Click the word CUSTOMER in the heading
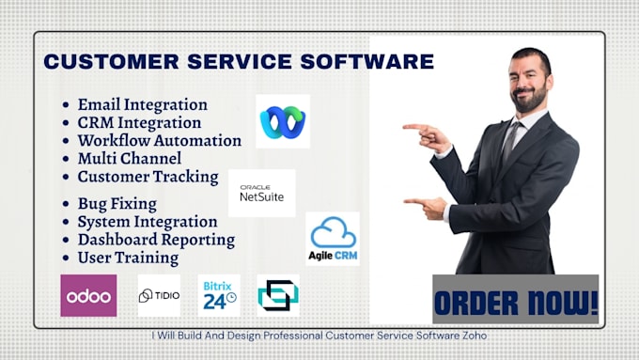click(111, 61)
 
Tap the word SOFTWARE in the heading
click(367, 61)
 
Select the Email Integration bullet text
click(143, 104)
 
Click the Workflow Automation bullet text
click(160, 141)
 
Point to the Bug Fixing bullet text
click(117, 204)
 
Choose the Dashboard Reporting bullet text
click(157, 240)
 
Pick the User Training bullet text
click(128, 258)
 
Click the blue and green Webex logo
click(283, 121)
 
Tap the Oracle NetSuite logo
click(261, 194)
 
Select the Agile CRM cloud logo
click(333, 239)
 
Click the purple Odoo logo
click(88, 295)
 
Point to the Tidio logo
click(159, 295)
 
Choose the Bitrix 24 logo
click(219, 295)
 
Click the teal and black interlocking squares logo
click(278, 295)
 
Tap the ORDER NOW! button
click(516, 299)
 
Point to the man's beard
click(530, 99)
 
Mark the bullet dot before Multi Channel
click(66, 159)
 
